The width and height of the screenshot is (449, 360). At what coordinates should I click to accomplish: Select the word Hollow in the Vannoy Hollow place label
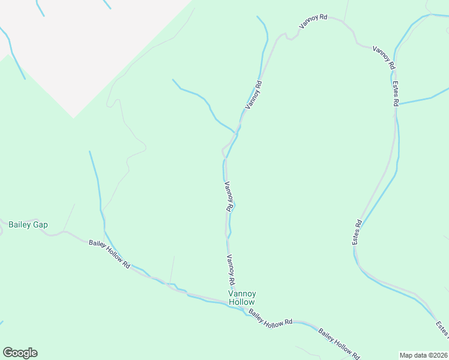point(242,302)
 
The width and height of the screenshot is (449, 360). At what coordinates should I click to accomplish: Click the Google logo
point(20,353)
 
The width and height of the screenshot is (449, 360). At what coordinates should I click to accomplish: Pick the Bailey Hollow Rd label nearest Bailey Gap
point(109,253)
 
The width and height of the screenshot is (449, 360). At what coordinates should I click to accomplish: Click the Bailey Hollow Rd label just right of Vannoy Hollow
point(270,318)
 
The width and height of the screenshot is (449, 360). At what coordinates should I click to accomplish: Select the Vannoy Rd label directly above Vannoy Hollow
point(231,270)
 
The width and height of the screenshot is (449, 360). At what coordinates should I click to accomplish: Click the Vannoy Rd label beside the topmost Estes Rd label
point(384,57)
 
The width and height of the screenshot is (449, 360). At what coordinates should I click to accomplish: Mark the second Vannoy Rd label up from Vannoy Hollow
point(228,196)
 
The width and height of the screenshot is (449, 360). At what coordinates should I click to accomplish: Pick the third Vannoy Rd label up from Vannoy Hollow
point(255,95)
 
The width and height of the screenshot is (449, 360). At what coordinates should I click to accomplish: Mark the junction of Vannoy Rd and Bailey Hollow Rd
point(231,298)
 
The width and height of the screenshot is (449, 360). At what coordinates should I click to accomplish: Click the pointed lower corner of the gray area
point(73,118)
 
